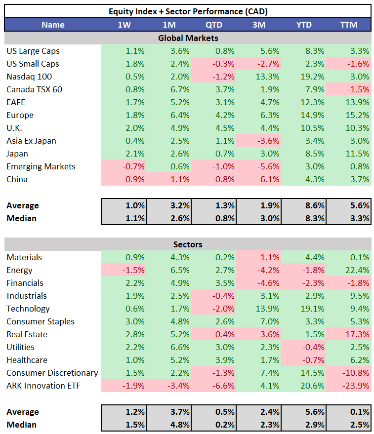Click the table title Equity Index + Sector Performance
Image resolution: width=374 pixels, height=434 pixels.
(x=188, y=11)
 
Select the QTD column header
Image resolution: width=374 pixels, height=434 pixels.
(x=213, y=25)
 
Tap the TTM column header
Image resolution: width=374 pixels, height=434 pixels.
(x=349, y=25)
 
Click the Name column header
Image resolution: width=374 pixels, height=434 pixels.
(x=53, y=25)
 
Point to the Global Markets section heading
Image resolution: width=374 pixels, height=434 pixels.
(x=188, y=38)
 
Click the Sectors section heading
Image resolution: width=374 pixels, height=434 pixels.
(x=188, y=244)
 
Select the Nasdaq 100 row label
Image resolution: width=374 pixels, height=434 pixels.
(x=29, y=77)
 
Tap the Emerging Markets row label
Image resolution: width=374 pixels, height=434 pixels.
(x=41, y=166)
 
